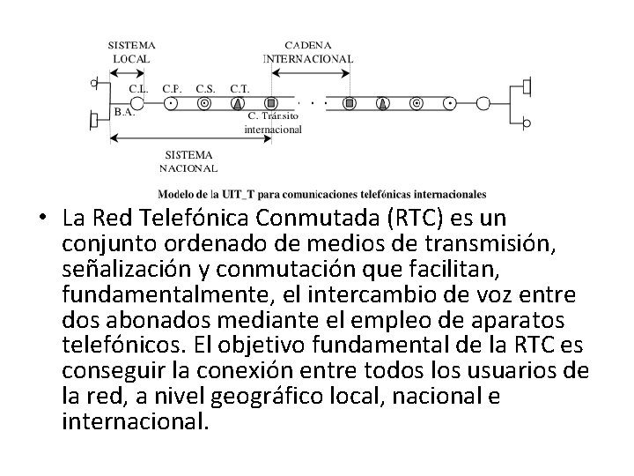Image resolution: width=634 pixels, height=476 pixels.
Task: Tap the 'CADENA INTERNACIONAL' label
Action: pyautogui.click(x=308, y=51)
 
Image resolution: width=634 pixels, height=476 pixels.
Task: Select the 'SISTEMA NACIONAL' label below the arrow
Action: pyautogui.click(x=188, y=160)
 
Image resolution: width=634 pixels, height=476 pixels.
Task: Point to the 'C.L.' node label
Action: pyautogui.click(x=138, y=88)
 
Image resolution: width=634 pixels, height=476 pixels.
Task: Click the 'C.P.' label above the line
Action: pyautogui.click(x=173, y=88)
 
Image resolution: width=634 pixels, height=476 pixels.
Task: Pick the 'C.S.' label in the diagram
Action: pyautogui.click(x=205, y=88)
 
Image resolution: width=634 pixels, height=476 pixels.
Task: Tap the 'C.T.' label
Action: pyautogui.click(x=239, y=88)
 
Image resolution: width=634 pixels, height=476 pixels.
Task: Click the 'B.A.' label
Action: pyautogui.click(x=124, y=113)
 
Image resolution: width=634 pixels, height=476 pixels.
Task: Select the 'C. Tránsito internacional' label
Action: pyautogui.click(x=273, y=122)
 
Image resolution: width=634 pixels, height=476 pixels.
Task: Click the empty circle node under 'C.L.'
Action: pyautogui.click(x=138, y=103)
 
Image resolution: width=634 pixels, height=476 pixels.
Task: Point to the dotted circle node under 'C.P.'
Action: pyautogui.click(x=172, y=103)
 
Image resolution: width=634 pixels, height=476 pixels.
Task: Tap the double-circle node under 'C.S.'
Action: pyautogui.click(x=204, y=103)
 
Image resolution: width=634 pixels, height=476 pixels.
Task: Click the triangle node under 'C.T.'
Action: pyautogui.click(x=238, y=103)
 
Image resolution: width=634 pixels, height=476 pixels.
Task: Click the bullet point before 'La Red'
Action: pyautogui.click(x=41, y=218)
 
